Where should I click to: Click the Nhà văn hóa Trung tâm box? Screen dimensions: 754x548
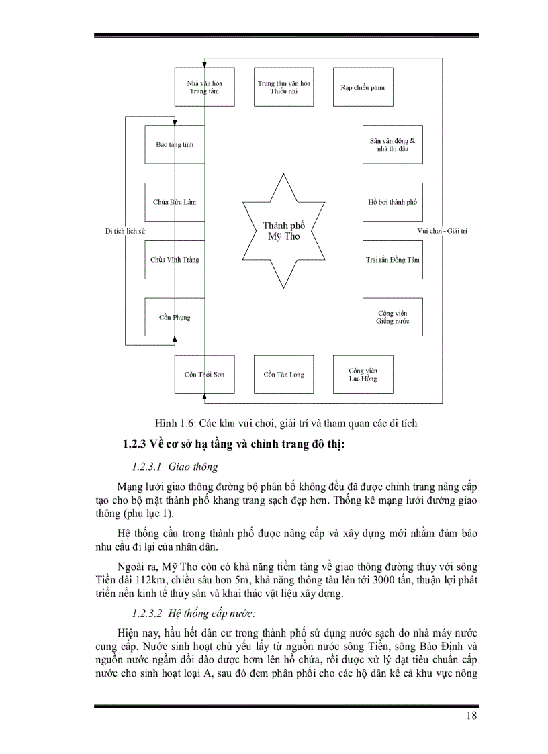pyautogui.click(x=204, y=87)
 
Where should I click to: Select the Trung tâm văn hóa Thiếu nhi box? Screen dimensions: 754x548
pyautogui.click(x=284, y=87)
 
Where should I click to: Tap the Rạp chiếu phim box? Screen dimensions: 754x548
pyautogui.click(x=363, y=87)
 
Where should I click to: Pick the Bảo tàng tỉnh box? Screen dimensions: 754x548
pyautogui.click(x=175, y=144)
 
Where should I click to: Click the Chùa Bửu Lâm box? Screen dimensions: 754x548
pyautogui.click(x=175, y=202)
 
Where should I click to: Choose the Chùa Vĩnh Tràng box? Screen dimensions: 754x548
pyautogui.click(x=175, y=259)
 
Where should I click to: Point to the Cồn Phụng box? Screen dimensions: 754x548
pyautogui.click(x=175, y=317)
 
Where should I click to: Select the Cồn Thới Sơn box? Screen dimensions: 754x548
pyautogui.click(x=204, y=374)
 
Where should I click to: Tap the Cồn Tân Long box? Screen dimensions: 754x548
pyautogui.click(x=284, y=374)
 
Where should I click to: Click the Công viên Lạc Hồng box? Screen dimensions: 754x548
pyautogui.click(x=363, y=374)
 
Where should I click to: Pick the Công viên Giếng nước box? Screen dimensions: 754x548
pyautogui.click(x=393, y=317)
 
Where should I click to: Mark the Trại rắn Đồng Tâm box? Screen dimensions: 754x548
pyautogui.click(x=393, y=259)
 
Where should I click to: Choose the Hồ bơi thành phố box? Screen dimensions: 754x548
pyautogui.click(x=393, y=202)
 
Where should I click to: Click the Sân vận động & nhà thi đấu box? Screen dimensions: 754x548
pyautogui.click(x=393, y=144)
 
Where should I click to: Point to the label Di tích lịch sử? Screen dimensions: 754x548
pyautogui.click(x=126, y=231)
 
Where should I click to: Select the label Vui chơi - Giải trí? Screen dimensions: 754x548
pyautogui.click(x=442, y=231)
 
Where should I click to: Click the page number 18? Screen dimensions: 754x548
pyautogui.click(x=471, y=716)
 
